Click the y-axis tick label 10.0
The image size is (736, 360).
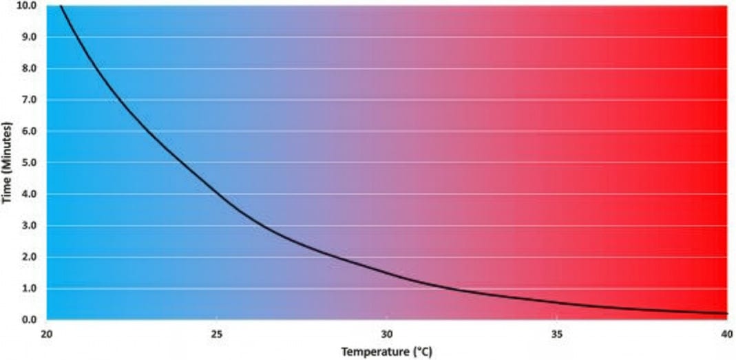click(27, 5)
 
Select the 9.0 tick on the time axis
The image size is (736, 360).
click(29, 36)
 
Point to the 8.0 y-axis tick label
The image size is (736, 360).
click(29, 68)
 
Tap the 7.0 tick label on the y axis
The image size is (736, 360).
click(29, 100)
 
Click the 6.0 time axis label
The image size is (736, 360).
click(29, 131)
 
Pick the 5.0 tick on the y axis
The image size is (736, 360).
click(29, 162)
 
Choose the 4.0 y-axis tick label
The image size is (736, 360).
click(29, 194)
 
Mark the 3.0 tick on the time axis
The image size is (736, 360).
click(29, 226)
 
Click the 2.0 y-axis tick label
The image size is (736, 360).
click(29, 257)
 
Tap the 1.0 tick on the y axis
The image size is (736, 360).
click(29, 288)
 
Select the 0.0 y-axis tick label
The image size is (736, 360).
click(29, 320)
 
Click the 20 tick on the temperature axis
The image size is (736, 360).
click(46, 333)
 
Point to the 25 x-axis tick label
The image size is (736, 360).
click(217, 333)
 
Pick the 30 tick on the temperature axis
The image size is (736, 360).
click(387, 333)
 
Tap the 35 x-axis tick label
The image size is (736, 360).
click(557, 333)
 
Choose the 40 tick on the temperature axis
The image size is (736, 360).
click(726, 333)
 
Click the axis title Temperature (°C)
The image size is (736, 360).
click(386, 352)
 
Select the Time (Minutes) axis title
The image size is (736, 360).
click(8, 162)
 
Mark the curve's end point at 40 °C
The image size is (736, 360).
click(726, 314)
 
